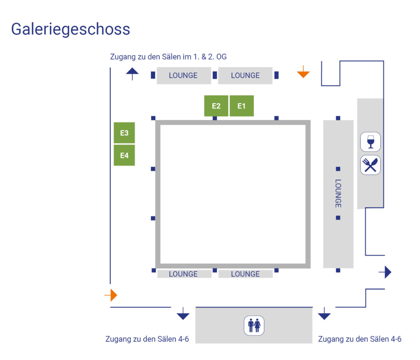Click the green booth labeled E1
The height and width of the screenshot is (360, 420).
tap(241, 106)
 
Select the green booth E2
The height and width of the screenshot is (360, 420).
tap(216, 106)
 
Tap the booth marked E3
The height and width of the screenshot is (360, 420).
tap(124, 133)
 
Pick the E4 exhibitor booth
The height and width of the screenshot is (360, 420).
tap(124, 155)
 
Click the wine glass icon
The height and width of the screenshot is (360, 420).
tap(370, 142)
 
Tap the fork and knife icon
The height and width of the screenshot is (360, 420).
tap(370, 165)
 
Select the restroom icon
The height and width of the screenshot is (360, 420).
tap(254, 326)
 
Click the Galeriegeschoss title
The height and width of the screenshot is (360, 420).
tap(71, 29)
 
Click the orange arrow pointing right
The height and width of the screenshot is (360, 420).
tap(112, 295)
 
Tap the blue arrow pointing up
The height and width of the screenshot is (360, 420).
tap(132, 74)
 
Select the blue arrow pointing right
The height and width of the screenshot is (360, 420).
tap(387, 272)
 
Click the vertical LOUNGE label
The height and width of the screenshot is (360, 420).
tap(338, 193)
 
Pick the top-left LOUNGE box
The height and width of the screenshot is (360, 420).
tap(183, 75)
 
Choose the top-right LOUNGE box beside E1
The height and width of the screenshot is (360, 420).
tap(245, 75)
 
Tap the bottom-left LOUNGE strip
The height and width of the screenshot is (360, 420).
tap(184, 274)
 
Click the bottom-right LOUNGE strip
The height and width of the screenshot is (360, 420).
tap(245, 274)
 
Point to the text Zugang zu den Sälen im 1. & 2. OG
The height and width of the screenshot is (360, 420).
tap(168, 57)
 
